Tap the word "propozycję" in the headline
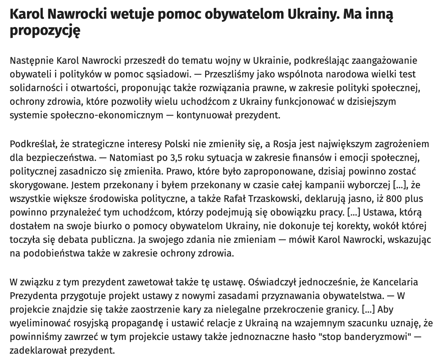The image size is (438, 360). coord(45,30)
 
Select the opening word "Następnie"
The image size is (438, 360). coord(31,60)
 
